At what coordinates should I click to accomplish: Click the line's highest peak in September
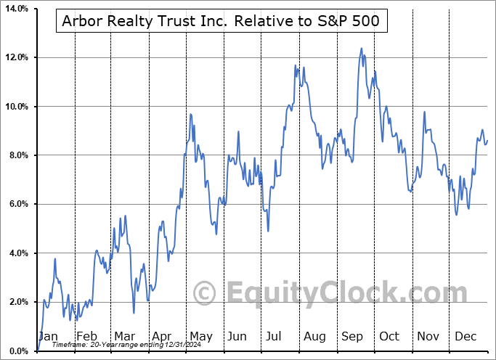point(361,49)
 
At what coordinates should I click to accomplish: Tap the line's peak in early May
point(190,114)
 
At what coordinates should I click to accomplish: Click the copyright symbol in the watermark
point(204,293)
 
